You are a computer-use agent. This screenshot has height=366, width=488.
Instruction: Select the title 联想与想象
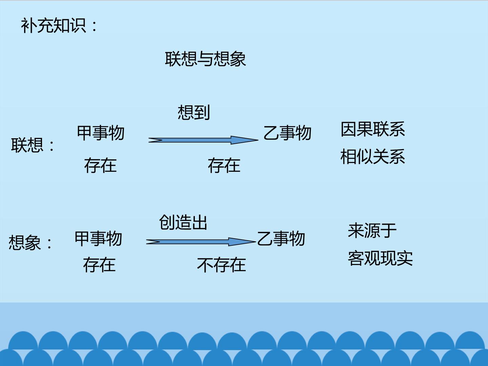coord(205,59)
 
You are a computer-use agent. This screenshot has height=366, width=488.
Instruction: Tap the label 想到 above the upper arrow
coord(194,113)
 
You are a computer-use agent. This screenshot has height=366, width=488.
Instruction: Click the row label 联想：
coord(33,145)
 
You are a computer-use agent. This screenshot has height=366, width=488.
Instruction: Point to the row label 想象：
coord(30,243)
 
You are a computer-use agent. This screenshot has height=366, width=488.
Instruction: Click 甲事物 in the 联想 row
coord(101,133)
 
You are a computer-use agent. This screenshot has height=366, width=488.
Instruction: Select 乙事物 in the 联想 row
coord(287,133)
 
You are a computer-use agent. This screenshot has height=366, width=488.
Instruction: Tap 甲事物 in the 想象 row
coord(98,239)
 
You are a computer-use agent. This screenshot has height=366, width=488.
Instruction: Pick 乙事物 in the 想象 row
coord(281,239)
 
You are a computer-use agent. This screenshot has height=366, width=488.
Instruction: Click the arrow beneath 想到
coord(203,140)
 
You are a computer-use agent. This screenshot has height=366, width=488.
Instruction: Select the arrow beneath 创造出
coord(201,242)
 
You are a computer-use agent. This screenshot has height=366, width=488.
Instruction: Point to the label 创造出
coord(183,222)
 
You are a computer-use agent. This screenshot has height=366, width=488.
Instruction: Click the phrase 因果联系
coord(373,129)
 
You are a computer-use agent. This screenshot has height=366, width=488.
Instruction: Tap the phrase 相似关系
coord(373,157)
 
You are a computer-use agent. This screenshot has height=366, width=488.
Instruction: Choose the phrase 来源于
coord(372,231)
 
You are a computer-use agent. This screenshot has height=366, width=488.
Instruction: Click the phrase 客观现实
coord(380,259)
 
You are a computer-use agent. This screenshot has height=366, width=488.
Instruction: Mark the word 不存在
coord(221,265)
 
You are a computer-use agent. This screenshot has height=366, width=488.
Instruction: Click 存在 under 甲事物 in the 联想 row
coord(100,165)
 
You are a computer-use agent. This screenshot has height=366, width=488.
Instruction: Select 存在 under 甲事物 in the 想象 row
coord(99,265)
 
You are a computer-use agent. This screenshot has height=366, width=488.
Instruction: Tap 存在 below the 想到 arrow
coord(224,165)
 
